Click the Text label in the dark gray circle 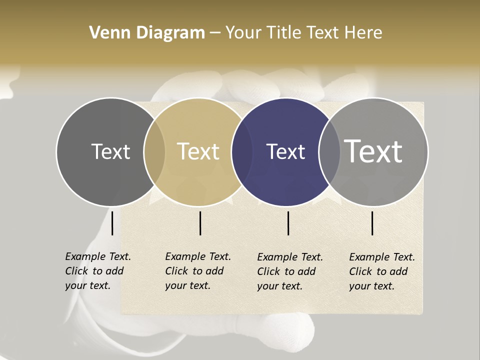pos(110,151)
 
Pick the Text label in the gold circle pos(198,151)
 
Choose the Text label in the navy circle pos(286,151)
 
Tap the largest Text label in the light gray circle pos(373,151)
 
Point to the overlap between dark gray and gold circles pos(154,151)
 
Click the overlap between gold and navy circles pos(239,151)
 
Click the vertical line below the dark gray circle pos(112,223)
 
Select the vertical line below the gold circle pos(200,223)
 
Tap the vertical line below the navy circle pos(288,223)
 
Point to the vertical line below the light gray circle pos(372,223)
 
